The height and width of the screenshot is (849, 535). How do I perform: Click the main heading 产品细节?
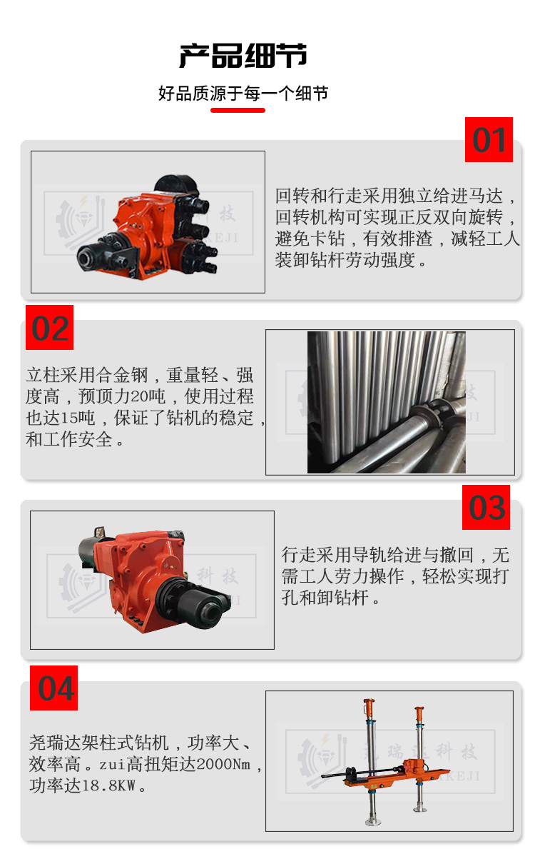[x=243, y=56]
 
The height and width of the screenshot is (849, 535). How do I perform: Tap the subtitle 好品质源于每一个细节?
[x=243, y=93]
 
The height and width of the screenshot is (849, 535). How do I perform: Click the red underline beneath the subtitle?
[x=238, y=111]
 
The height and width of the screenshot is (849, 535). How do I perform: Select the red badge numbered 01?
[x=489, y=140]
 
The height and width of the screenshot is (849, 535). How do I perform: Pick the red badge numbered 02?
[x=50, y=327]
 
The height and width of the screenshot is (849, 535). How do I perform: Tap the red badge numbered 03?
[x=486, y=508]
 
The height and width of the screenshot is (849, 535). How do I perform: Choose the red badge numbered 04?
[x=54, y=688]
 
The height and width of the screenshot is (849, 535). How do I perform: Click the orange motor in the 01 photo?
[x=147, y=227]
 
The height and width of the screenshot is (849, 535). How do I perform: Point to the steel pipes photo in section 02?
[x=386, y=402]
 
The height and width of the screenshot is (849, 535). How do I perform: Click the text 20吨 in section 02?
[x=148, y=396]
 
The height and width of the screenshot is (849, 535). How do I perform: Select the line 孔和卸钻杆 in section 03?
[x=325, y=597]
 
